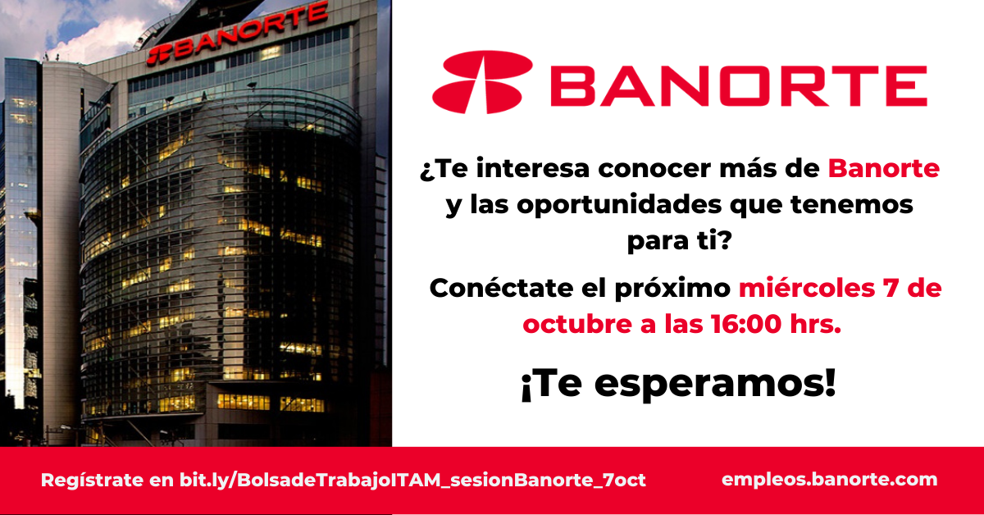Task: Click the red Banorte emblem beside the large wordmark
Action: (x=482, y=82)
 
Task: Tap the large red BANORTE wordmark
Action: (x=739, y=86)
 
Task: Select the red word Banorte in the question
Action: (x=883, y=168)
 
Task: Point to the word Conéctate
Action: (x=501, y=288)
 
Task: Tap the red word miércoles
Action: (x=807, y=288)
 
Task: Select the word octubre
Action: (x=577, y=324)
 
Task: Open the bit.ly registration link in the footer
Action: (x=412, y=480)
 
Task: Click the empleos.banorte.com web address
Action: (x=829, y=480)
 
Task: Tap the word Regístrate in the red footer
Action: (x=92, y=480)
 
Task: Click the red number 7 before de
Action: (x=890, y=289)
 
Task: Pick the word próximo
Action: (x=672, y=289)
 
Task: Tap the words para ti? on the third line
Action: (x=679, y=241)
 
